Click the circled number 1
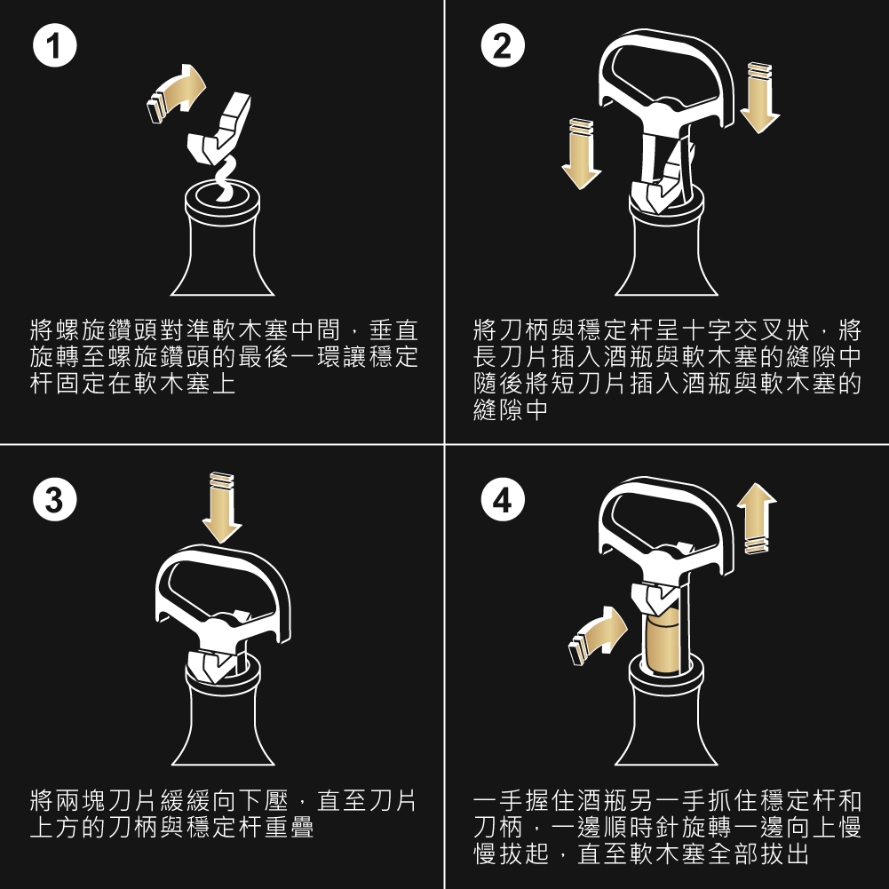pyautogui.click(x=54, y=48)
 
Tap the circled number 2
pyautogui.click(x=503, y=48)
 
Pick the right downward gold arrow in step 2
pyautogui.click(x=759, y=98)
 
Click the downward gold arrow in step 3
pyautogui.click(x=221, y=508)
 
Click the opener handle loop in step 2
pyautogui.click(x=666, y=71)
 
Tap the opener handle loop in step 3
pyautogui.click(x=222, y=586)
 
